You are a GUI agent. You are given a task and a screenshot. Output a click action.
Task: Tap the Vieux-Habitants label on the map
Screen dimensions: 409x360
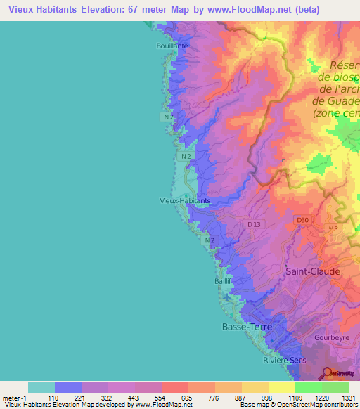pyautogui.click(x=185, y=200)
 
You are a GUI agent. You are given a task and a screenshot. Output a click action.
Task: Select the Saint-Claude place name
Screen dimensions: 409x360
pyautogui.click(x=312, y=271)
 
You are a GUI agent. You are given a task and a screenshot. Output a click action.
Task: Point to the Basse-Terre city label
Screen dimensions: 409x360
pyautogui.click(x=246, y=327)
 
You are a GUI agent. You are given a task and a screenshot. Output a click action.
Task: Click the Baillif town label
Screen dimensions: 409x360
pyautogui.click(x=223, y=281)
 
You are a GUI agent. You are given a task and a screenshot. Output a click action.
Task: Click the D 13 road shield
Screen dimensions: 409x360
pyautogui.click(x=254, y=224)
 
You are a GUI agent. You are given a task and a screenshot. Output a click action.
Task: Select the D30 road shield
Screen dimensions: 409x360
pyautogui.click(x=302, y=220)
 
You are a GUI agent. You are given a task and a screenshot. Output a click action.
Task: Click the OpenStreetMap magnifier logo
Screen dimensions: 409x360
pyautogui.click(x=328, y=374)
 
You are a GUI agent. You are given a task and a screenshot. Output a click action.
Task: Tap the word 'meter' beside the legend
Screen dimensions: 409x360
pyautogui.click(x=10, y=398)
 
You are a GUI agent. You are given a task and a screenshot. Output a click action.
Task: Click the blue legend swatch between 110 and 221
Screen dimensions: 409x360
pyautogui.click(x=67, y=387)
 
